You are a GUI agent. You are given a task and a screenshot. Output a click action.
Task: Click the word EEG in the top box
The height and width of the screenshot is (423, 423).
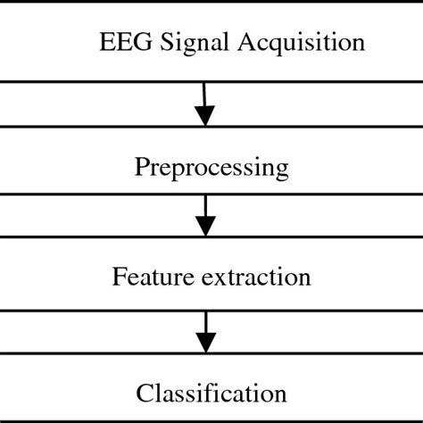(120, 43)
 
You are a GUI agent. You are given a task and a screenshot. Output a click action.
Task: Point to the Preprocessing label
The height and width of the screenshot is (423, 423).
(211, 167)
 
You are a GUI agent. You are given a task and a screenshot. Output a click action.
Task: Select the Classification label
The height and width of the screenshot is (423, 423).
(211, 393)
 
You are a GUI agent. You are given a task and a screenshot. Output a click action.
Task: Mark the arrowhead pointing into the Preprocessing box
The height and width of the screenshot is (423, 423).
(205, 116)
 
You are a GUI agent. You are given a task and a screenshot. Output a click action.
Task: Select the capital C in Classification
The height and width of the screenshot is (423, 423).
(143, 393)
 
